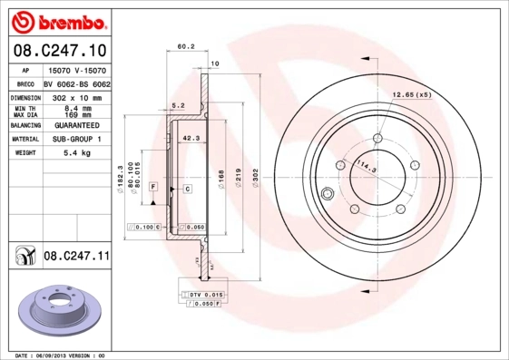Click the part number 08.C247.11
[76, 258]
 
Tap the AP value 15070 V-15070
[77, 70]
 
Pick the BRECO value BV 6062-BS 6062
[77, 83]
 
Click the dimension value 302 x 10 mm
[77, 97]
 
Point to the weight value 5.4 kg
[77, 153]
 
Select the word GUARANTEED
[77, 125]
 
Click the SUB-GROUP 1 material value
[77, 140]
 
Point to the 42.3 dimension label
[191, 138]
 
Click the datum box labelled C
[187, 188]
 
